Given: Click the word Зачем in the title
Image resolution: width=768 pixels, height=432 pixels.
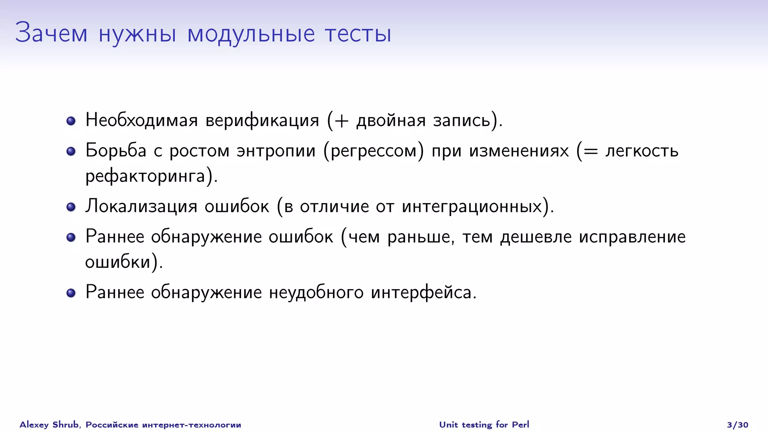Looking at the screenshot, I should (51, 33).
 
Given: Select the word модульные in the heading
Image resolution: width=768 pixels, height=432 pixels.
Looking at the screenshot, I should (251, 34).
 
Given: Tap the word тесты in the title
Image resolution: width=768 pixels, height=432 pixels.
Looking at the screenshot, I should (358, 34).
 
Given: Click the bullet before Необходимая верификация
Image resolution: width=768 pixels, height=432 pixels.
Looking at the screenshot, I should (71, 121).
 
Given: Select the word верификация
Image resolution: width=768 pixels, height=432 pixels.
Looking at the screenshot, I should (262, 121).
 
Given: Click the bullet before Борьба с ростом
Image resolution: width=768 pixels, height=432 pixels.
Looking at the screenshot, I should (71, 151).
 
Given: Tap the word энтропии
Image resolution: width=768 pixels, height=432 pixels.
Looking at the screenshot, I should (276, 151).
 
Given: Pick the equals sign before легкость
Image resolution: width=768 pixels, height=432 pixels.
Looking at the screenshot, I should (590, 151).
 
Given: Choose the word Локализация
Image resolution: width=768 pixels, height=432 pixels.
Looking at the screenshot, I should (141, 207).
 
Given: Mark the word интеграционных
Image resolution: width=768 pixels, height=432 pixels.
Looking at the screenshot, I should (472, 207).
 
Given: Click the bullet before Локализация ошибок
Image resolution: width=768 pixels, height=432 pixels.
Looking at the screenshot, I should (71, 207).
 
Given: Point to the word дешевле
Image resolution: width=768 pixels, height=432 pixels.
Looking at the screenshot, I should (536, 237).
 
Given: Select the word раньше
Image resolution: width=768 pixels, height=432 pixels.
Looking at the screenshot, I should (418, 237).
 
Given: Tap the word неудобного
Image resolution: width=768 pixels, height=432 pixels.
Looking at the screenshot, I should (316, 292).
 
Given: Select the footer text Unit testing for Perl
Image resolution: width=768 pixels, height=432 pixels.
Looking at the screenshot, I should (484, 424).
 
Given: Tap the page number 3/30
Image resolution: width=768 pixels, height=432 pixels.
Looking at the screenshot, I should (737, 424).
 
